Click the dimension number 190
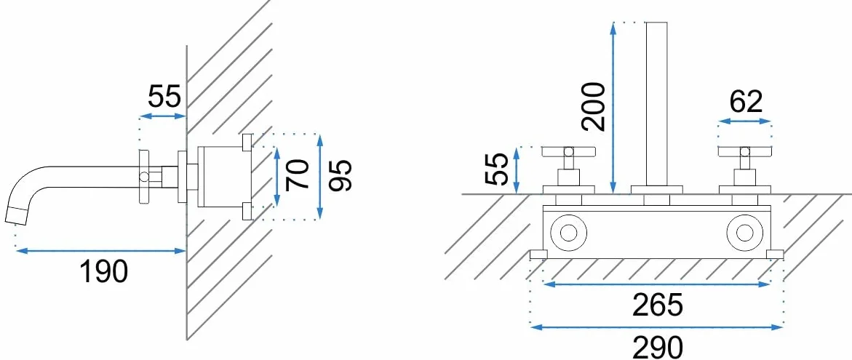(104, 271)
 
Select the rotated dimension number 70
(298, 174)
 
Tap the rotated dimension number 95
(341, 175)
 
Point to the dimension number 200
(593, 106)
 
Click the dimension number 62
(746, 101)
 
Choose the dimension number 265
(658, 305)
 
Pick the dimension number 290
(658, 347)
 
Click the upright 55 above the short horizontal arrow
(164, 97)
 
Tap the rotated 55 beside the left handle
(495, 169)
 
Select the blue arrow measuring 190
(101, 250)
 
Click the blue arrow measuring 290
(656, 327)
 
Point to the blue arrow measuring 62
(745, 123)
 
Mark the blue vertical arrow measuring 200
(613, 108)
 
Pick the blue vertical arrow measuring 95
(320, 177)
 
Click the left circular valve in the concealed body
(568, 233)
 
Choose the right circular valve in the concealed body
(746, 233)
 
